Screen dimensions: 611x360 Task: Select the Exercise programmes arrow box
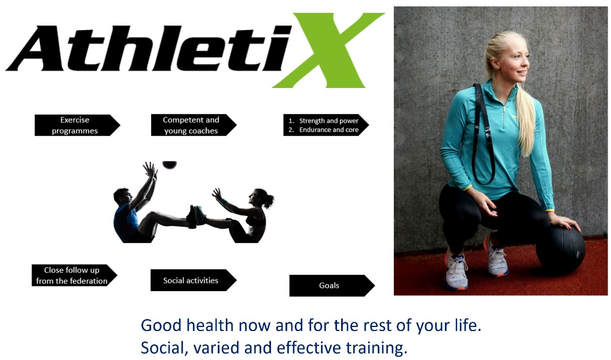77,125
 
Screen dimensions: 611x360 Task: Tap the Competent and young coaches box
193,125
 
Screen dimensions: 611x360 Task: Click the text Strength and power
328,121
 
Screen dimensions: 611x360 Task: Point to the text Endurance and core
328,130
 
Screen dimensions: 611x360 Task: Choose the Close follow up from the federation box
74,275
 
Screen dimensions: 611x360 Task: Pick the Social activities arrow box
193,280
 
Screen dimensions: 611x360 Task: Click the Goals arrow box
332,285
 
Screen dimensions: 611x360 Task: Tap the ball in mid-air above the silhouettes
170,165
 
